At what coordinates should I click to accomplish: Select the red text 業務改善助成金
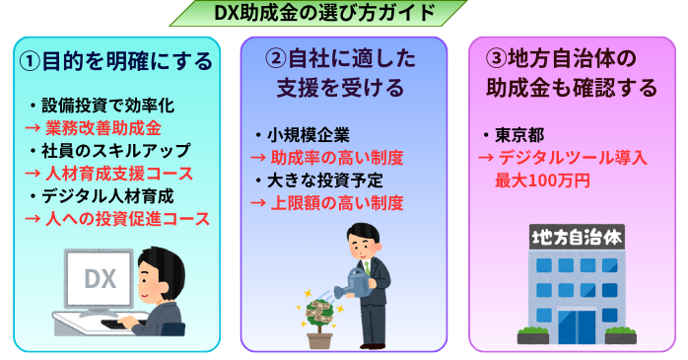[103, 128]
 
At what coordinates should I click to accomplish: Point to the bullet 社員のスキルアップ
[108, 150]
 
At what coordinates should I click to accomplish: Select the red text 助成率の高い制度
[333, 158]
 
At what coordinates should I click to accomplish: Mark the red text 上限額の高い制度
[333, 203]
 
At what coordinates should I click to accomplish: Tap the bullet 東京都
[514, 135]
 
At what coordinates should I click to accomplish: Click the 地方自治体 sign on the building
[577, 237]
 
